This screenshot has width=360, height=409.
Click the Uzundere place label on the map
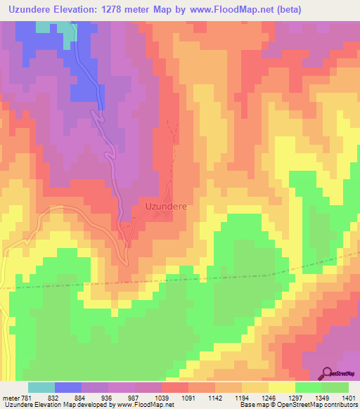click(x=166, y=207)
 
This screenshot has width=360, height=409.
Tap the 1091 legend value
click(x=209, y=396)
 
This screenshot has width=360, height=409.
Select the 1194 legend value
click(x=280, y=396)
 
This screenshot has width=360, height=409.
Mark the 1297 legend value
click(x=316, y=396)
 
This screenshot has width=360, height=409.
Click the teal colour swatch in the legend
click(x=41, y=387)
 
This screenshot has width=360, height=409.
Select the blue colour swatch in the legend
click(x=67, y=387)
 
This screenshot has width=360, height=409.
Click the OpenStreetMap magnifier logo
click(x=328, y=373)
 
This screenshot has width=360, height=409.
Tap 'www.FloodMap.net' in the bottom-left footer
click(x=138, y=405)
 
